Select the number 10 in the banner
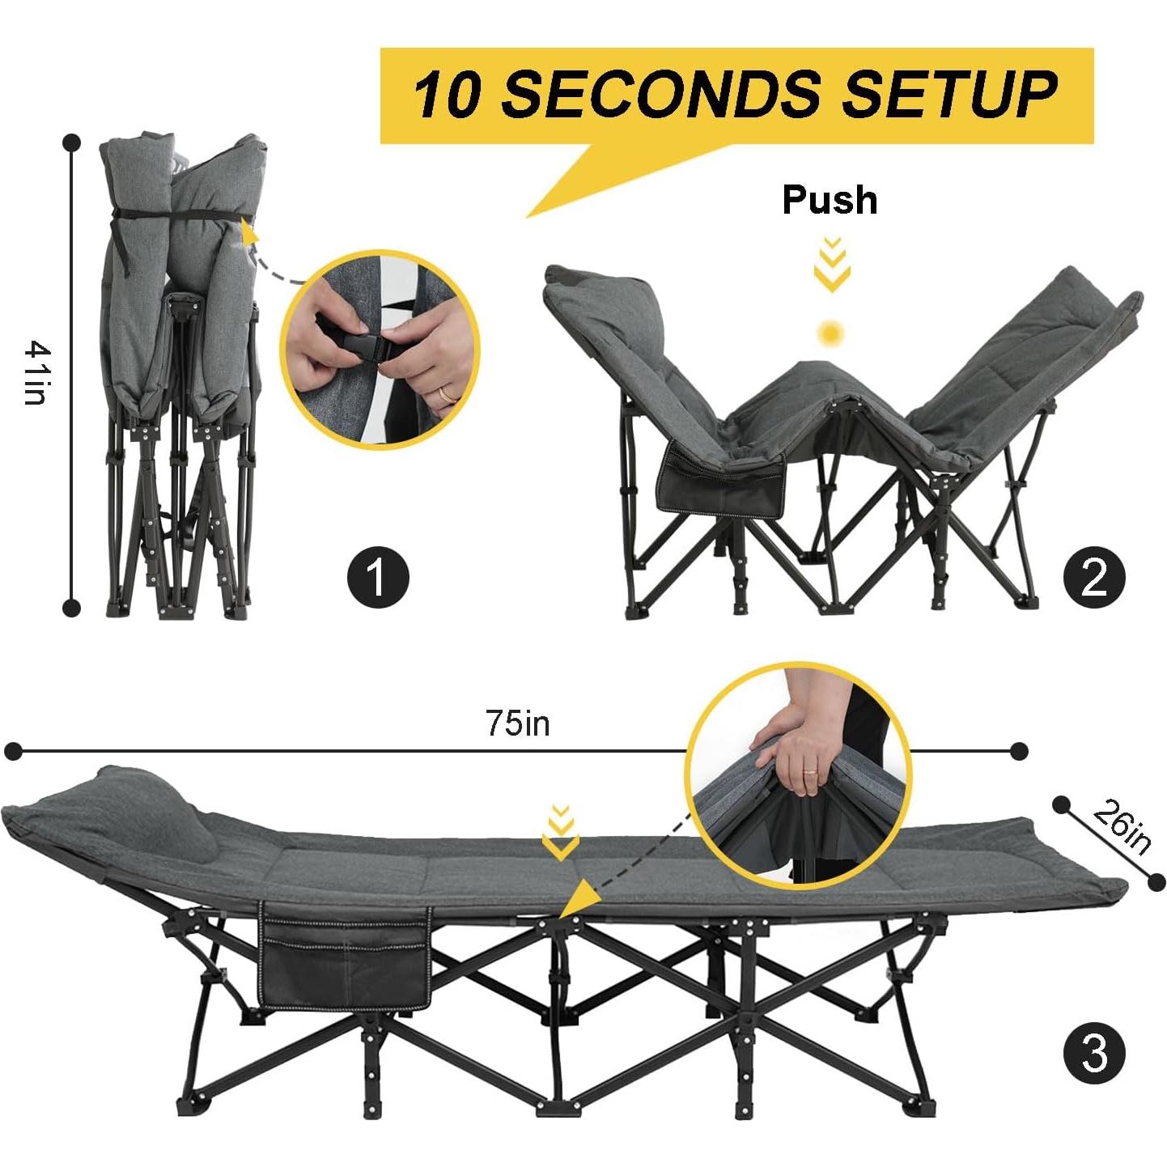click(452, 94)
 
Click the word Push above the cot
click(830, 200)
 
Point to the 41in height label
click(37, 372)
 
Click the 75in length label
click(517, 723)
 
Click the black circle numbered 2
click(1093, 577)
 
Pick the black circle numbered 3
click(1093, 1055)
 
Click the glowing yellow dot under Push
click(830, 332)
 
